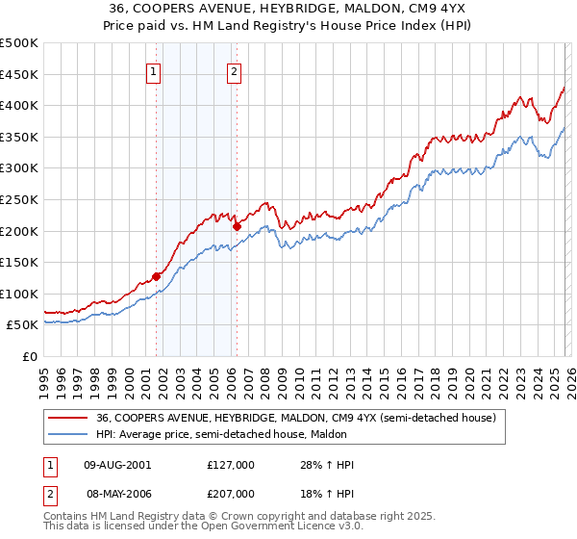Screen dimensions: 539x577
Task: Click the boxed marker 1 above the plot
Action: pos(155,69)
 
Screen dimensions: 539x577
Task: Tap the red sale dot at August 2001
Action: pos(156,276)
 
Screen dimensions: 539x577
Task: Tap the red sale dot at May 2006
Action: pos(237,226)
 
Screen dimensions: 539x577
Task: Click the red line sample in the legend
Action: pos(68,418)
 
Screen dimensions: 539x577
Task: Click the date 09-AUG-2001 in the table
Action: pos(117,465)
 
